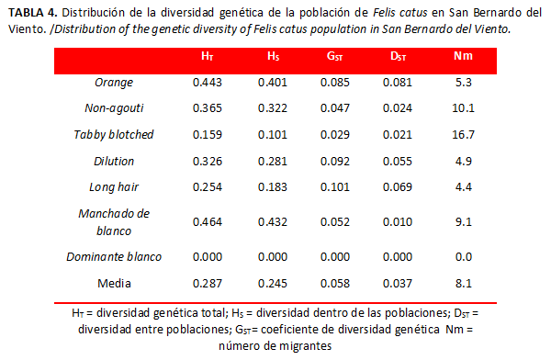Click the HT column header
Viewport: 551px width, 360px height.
click(x=208, y=56)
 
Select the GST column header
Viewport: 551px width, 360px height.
click(x=334, y=56)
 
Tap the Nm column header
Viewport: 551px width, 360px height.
click(x=463, y=56)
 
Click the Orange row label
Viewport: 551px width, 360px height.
click(x=114, y=83)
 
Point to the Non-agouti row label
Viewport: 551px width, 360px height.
click(x=114, y=108)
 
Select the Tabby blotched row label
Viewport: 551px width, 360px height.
click(x=114, y=135)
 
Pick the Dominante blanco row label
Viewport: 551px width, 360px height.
click(x=114, y=257)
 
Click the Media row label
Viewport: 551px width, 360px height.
click(x=114, y=284)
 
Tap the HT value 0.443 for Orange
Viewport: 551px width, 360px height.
click(x=208, y=83)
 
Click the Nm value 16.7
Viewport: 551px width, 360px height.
click(x=463, y=135)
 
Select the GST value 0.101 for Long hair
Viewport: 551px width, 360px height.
click(x=335, y=187)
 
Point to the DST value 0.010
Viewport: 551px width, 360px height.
click(x=398, y=222)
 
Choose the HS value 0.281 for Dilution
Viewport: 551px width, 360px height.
click(x=273, y=162)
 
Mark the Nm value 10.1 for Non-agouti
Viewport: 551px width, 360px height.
click(x=463, y=108)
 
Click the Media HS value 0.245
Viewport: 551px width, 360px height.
click(x=273, y=284)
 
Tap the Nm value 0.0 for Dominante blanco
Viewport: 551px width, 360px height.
click(x=464, y=257)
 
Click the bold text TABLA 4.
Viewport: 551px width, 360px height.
click(x=33, y=13)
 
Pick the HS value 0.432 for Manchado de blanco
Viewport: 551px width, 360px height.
click(x=273, y=222)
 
